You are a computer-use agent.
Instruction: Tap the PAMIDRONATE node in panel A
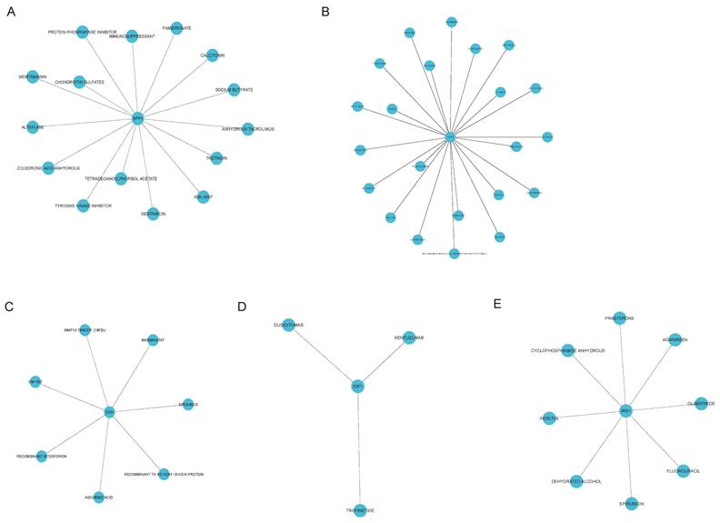176,28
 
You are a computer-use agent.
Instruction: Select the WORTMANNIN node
33,76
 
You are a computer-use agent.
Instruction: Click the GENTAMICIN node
157,212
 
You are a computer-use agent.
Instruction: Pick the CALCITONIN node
213,55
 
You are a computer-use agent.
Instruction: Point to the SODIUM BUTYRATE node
234,89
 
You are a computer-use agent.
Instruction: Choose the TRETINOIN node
215,157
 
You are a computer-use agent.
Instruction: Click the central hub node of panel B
449,137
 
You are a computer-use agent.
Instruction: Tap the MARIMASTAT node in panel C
153,340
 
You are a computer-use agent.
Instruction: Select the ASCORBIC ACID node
98,497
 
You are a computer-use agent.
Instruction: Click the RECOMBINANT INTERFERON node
42,446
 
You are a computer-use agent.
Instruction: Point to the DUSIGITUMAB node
288,325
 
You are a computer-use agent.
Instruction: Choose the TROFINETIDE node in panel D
360,509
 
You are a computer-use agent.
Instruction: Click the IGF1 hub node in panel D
357,387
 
